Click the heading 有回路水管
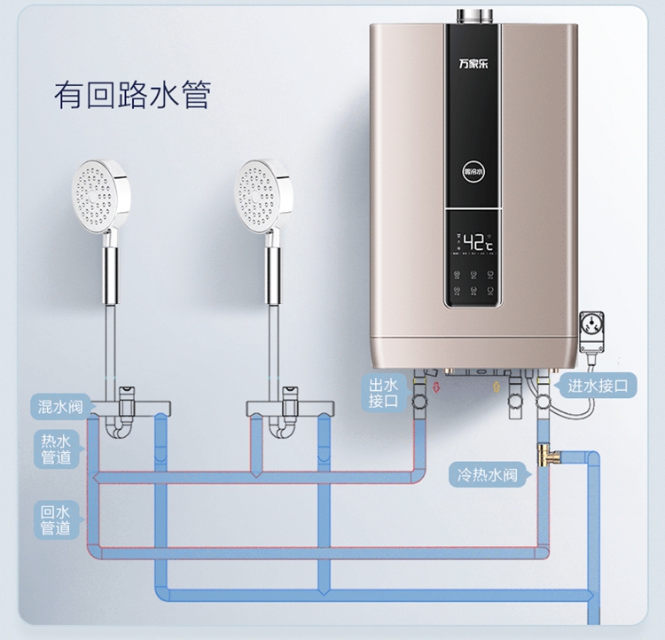[132, 95]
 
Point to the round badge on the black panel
[473, 170]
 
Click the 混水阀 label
[60, 407]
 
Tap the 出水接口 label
[386, 393]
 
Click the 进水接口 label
[598, 386]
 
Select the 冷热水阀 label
[487, 474]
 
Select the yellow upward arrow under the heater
[494, 386]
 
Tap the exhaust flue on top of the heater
[473, 15]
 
